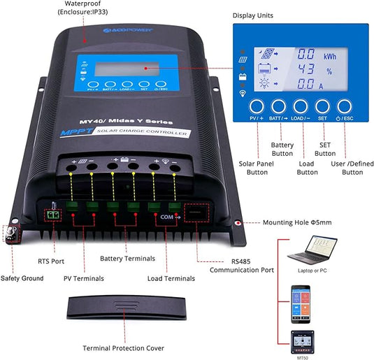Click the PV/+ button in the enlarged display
(x=258, y=107)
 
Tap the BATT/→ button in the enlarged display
(x=280, y=107)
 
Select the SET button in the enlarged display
(x=324, y=107)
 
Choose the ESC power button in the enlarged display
(x=345, y=107)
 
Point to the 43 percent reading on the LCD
(x=306, y=69)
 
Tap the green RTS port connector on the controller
(x=51, y=216)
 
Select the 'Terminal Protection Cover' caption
(x=125, y=347)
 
